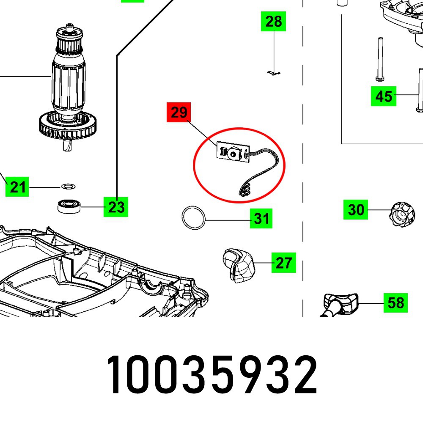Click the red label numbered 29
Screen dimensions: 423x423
click(179, 113)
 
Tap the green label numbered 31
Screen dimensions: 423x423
click(261, 219)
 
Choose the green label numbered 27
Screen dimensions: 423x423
click(283, 263)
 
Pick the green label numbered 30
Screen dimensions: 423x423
click(356, 209)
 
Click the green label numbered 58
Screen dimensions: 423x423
click(396, 303)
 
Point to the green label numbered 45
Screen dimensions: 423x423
click(384, 96)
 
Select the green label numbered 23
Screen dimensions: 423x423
click(116, 207)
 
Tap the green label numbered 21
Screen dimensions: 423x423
click(17, 187)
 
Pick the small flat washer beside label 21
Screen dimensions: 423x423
click(67, 186)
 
